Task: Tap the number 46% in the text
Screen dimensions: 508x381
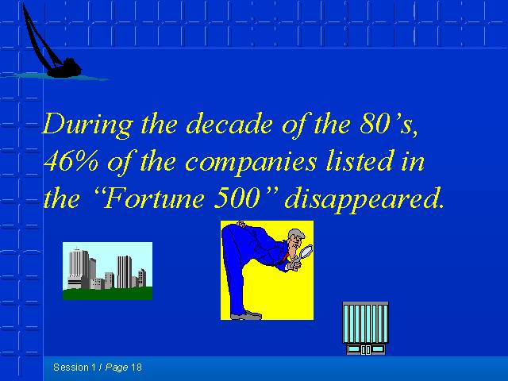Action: point(71,161)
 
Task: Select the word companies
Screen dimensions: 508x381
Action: point(251,163)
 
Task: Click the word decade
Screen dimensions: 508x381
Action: point(229,125)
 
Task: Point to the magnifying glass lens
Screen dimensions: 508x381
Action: point(306,251)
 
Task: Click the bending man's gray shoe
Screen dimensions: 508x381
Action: point(247,316)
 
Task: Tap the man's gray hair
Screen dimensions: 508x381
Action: point(296,234)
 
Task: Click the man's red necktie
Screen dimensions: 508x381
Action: point(286,257)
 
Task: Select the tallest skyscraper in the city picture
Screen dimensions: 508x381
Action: point(78,268)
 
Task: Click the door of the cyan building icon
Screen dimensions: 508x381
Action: point(366,350)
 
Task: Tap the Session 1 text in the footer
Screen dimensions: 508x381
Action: point(75,368)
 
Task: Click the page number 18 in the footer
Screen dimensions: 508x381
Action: point(137,368)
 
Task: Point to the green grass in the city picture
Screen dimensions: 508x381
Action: point(107,294)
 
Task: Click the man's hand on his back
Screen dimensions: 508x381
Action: point(241,224)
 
